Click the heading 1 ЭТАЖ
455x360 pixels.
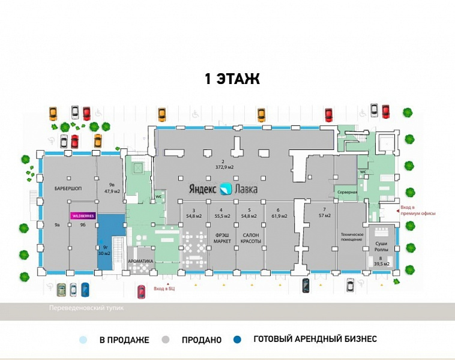[232, 79]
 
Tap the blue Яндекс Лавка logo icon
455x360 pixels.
[225, 189]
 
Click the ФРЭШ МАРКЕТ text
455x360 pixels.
[221, 238]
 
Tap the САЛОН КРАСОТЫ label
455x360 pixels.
[251, 238]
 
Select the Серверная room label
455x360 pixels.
[346, 192]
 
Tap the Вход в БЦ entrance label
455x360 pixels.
[163, 289]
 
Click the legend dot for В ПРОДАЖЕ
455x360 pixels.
[83, 340]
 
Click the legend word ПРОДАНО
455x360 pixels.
[201, 340]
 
